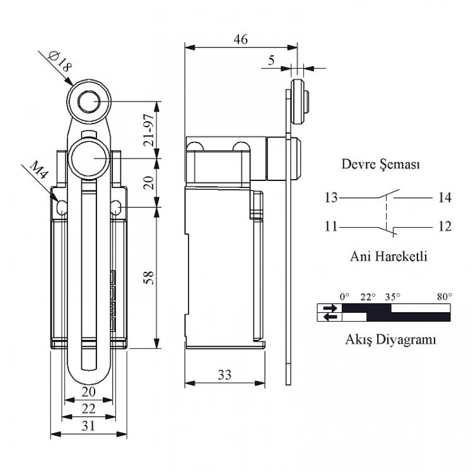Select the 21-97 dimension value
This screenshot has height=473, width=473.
(149, 130)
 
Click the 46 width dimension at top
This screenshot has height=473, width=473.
(241, 40)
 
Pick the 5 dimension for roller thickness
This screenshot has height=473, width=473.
(271, 61)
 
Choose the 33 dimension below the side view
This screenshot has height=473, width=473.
(225, 375)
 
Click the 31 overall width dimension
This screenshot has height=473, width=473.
(88, 426)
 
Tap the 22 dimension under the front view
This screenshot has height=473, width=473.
(89, 409)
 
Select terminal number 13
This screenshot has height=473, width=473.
(331, 198)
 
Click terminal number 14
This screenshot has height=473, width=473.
(445, 198)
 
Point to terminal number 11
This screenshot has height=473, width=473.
(331, 226)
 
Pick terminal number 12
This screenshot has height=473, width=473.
(445, 226)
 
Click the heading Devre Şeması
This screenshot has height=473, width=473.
(381, 165)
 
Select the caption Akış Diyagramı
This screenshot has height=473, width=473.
(390, 340)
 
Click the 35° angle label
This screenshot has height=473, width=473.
(392, 297)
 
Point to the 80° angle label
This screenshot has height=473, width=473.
(445, 297)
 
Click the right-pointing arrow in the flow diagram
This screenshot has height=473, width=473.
(330, 308)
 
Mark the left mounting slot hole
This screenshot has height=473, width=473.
(62, 207)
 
